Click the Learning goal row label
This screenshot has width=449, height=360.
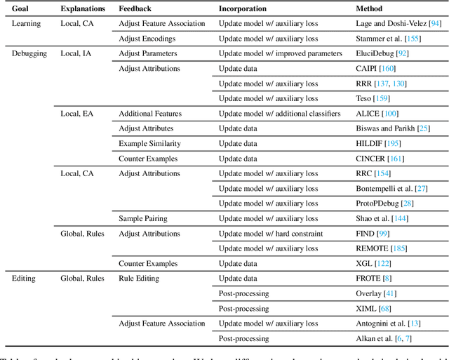click(x=27, y=23)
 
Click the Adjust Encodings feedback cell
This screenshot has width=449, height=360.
click(x=147, y=39)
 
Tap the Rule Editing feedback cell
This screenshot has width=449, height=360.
click(x=139, y=279)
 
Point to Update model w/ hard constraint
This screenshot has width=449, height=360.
click(x=271, y=234)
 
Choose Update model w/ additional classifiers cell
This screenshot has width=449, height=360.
click(x=279, y=114)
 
